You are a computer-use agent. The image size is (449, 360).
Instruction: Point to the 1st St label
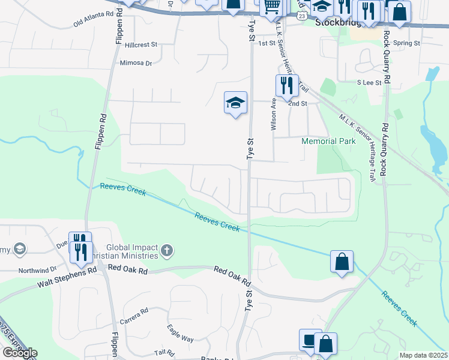point(266,44)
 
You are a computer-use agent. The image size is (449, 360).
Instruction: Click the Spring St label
point(407,43)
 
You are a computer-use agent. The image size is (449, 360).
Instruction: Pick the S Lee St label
point(369,83)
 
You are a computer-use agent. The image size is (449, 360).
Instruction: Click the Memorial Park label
point(328,142)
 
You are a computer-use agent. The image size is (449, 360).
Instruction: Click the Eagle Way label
point(180,334)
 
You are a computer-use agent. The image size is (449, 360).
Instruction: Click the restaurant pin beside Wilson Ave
point(286,85)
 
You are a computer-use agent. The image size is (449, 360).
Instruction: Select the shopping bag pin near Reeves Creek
point(342,262)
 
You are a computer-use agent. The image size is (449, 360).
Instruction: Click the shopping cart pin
point(272,7)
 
